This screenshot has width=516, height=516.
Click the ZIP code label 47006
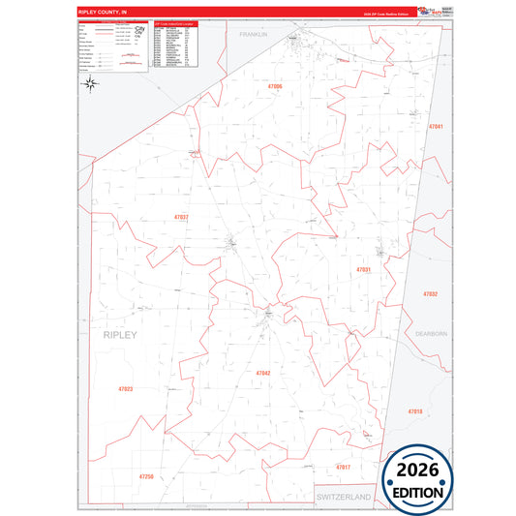275,87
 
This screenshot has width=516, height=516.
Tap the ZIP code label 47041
436,127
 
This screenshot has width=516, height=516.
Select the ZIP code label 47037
181,217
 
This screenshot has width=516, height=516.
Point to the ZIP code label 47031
364,269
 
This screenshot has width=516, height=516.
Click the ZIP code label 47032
430,293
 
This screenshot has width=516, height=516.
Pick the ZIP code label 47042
263,373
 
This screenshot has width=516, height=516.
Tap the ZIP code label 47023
125,390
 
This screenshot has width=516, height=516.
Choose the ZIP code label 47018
415,411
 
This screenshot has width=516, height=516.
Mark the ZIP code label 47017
343,467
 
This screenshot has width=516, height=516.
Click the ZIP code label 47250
146,476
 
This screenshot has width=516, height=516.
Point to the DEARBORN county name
432,333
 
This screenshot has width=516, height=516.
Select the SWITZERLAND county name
344,496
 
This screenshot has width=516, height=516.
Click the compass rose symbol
91,84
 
